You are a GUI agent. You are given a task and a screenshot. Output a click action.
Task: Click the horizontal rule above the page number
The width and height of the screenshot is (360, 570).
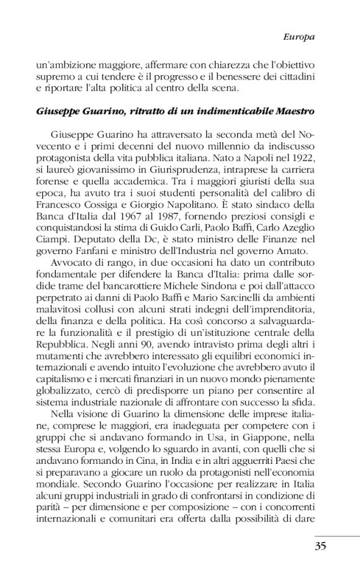pos(337,535)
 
